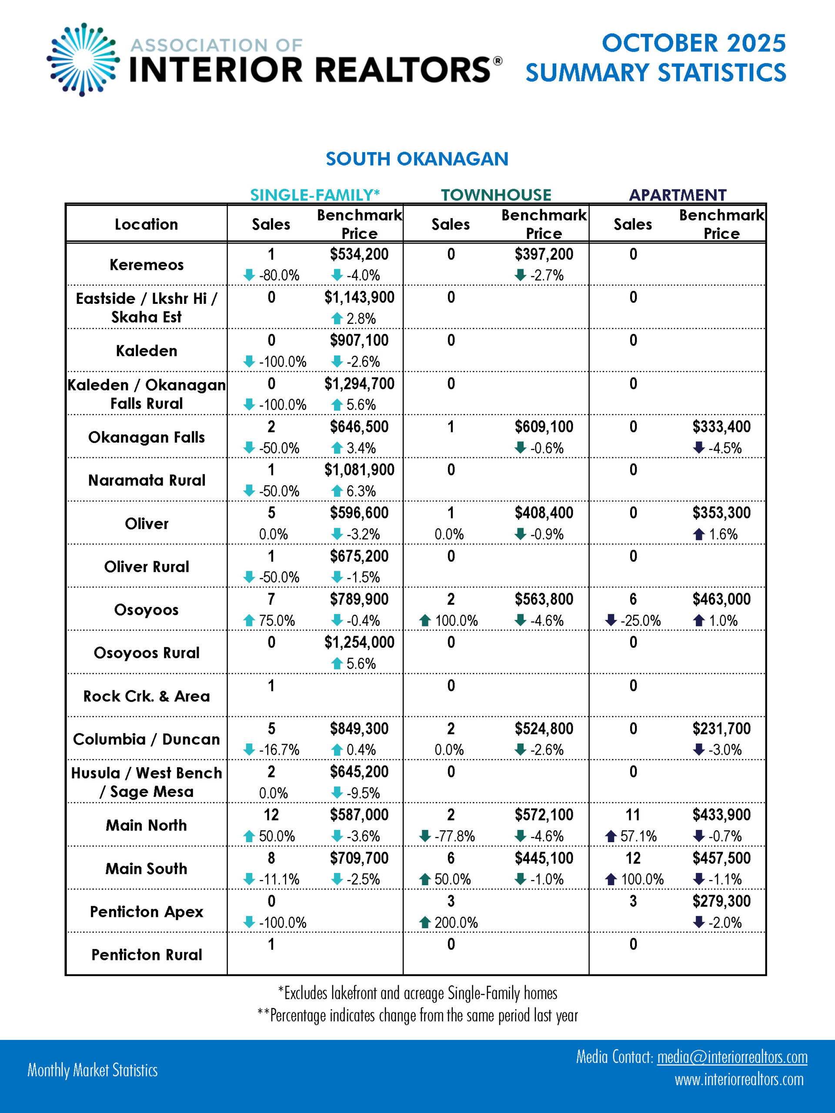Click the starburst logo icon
point(83,60)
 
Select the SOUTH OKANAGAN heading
point(417,159)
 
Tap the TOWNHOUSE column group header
point(496,195)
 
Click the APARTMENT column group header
point(678,195)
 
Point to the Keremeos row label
point(147,265)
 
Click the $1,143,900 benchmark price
point(359,297)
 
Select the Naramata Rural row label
point(147,480)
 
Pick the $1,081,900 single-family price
point(359,470)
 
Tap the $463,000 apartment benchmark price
point(721,599)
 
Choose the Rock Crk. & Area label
point(147,696)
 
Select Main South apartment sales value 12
point(633,858)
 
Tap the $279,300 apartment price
point(721,901)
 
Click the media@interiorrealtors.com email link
point(732,1057)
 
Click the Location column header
point(147,224)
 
